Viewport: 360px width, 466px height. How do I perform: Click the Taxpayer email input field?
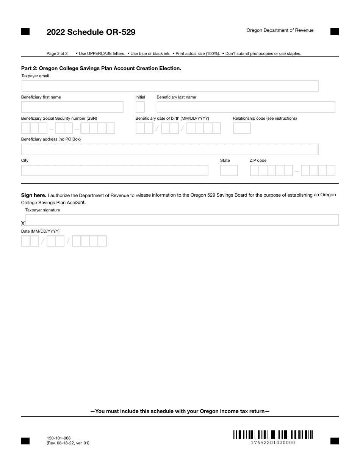pos(170,86)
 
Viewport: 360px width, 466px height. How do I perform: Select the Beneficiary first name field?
pos(72,107)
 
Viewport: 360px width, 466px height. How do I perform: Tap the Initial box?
pos(140,107)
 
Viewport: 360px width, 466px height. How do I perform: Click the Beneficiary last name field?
pos(246,107)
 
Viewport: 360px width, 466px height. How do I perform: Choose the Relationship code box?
pos(241,128)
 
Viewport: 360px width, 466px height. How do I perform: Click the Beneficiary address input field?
pos(170,149)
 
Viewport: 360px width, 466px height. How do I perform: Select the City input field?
pos(115,170)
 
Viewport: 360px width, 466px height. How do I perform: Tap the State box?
pos(229,170)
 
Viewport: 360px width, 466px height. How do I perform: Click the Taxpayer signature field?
pos(182,220)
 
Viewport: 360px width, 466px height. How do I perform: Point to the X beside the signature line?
pos(23,224)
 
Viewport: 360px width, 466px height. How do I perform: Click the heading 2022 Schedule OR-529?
pos(91,32)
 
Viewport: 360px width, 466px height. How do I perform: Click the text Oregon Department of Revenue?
pos(280,30)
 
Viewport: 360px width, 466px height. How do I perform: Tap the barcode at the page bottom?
pos(273,434)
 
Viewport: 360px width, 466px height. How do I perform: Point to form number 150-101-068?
pos(58,438)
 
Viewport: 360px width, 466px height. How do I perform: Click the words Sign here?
pos(34,195)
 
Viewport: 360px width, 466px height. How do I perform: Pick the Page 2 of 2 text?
pos(57,53)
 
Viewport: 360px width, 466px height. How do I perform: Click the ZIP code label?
pos(258,161)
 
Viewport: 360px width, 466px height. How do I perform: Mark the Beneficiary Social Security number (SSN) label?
pos(59,119)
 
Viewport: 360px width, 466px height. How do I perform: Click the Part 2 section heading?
pos(101,69)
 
